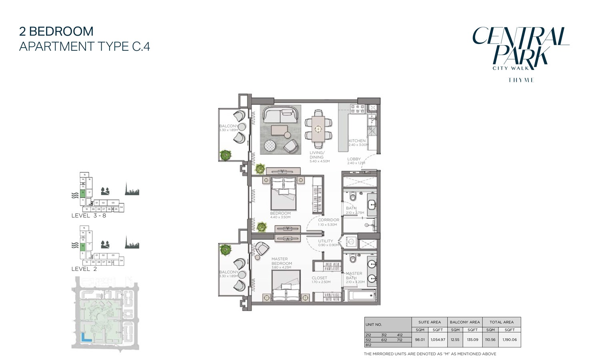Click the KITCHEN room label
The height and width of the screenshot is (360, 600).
point(357,141)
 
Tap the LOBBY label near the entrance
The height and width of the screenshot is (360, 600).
point(354,159)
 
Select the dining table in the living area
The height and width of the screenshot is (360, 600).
point(318,129)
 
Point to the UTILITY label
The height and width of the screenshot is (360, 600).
point(325,241)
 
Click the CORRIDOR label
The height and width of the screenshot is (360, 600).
point(328,220)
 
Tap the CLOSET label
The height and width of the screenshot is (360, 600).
point(319,278)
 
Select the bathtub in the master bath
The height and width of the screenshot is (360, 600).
point(362,296)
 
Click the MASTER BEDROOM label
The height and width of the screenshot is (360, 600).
point(282,261)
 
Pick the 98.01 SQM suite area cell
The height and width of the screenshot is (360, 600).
point(420,340)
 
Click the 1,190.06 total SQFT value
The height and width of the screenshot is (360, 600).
point(510,340)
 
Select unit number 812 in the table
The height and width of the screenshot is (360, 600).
point(368,345)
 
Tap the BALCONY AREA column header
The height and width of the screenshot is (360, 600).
point(464,322)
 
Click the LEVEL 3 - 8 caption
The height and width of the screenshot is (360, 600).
point(88,216)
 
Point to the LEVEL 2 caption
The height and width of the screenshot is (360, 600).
point(84,269)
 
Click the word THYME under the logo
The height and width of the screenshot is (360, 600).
point(521,80)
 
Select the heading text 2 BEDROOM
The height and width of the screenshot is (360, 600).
point(56,31)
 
